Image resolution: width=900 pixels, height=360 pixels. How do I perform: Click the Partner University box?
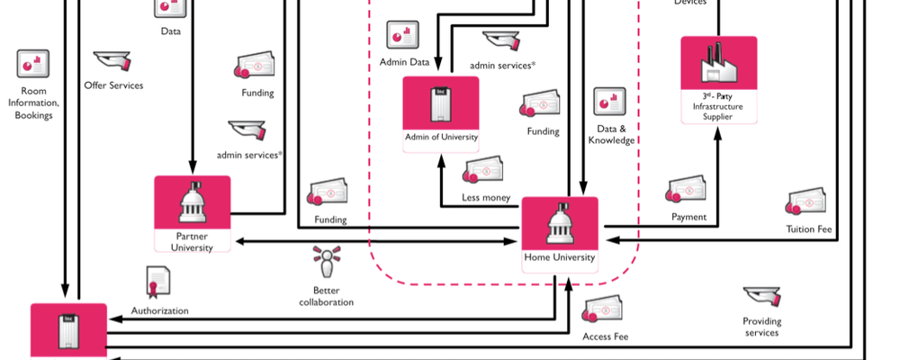point(193,214)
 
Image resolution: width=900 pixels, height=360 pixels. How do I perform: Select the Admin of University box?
point(441,114)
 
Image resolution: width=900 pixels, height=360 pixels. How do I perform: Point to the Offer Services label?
point(113,85)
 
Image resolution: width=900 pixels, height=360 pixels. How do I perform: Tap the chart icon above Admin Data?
point(402,35)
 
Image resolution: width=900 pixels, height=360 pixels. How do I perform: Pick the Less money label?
point(486,198)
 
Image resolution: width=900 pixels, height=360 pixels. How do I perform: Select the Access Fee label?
point(606,337)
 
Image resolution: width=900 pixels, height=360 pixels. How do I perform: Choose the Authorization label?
point(160,311)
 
